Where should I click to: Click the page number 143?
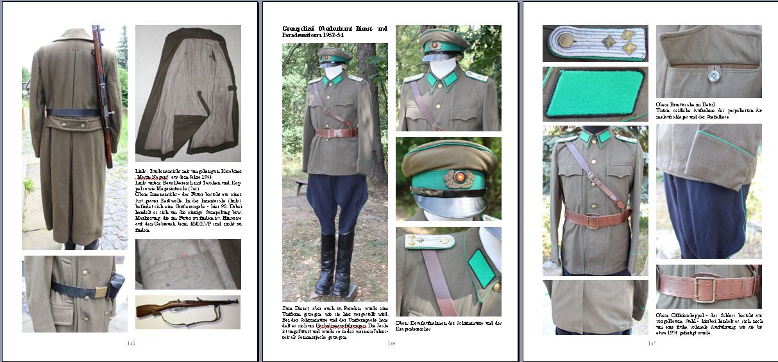(131, 344)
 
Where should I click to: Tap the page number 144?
(390, 344)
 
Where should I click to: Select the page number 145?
(652, 344)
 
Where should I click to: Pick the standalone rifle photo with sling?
(187, 311)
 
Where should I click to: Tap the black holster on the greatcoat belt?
(115, 286)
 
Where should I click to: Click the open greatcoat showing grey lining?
(188, 93)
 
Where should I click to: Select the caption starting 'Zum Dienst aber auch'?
(335, 322)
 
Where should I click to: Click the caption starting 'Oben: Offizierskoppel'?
(708, 325)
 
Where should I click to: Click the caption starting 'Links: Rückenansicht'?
(187, 201)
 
